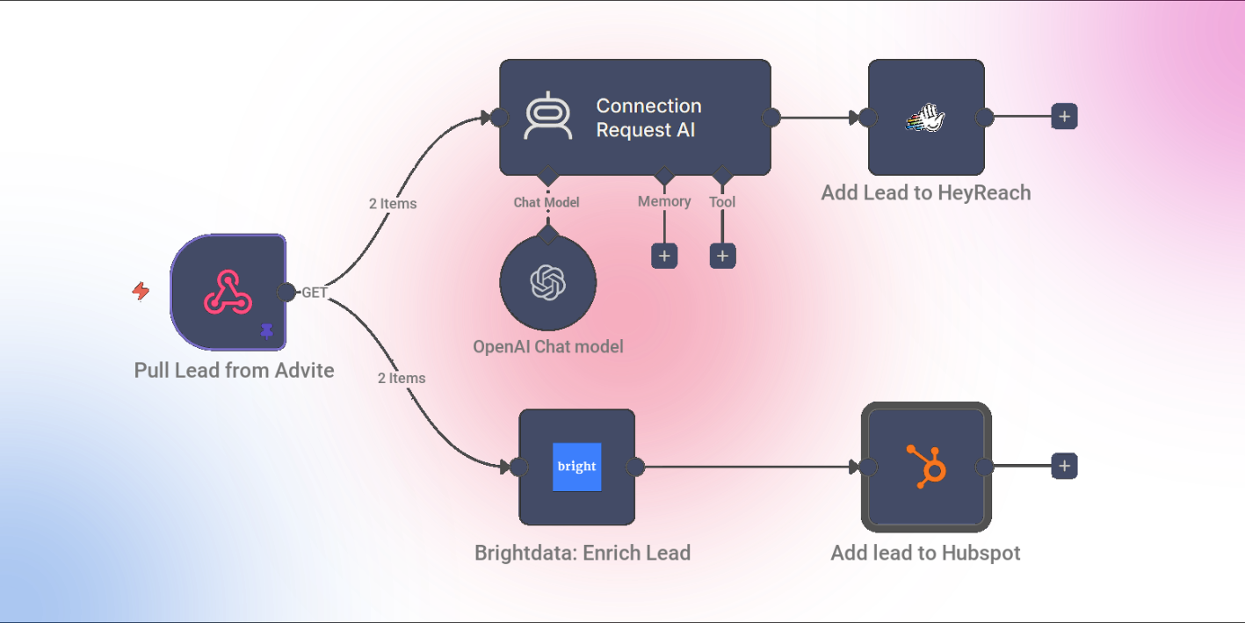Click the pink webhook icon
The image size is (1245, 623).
pos(228,293)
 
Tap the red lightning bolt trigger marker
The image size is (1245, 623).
pos(141,291)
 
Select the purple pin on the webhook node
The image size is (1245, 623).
pos(267,331)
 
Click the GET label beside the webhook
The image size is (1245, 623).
pos(314,293)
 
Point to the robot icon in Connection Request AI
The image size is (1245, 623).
pos(548,116)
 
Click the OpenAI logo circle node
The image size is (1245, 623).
pos(548,283)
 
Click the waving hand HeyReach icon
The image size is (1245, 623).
pos(926,118)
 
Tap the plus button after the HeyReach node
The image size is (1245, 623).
pos(1064,117)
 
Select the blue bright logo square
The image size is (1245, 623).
pos(577,467)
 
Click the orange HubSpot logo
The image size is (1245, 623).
pos(927,467)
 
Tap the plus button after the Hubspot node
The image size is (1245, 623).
pos(1064,466)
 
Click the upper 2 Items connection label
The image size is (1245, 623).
pos(393,203)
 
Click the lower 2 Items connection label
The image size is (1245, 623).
pos(402,378)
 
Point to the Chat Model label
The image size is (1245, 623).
pos(546,202)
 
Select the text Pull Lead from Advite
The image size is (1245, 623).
pos(234,371)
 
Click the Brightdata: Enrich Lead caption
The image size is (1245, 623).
pos(583,553)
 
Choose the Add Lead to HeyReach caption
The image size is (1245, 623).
pos(926,192)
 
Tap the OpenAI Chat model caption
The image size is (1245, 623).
pos(548,347)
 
